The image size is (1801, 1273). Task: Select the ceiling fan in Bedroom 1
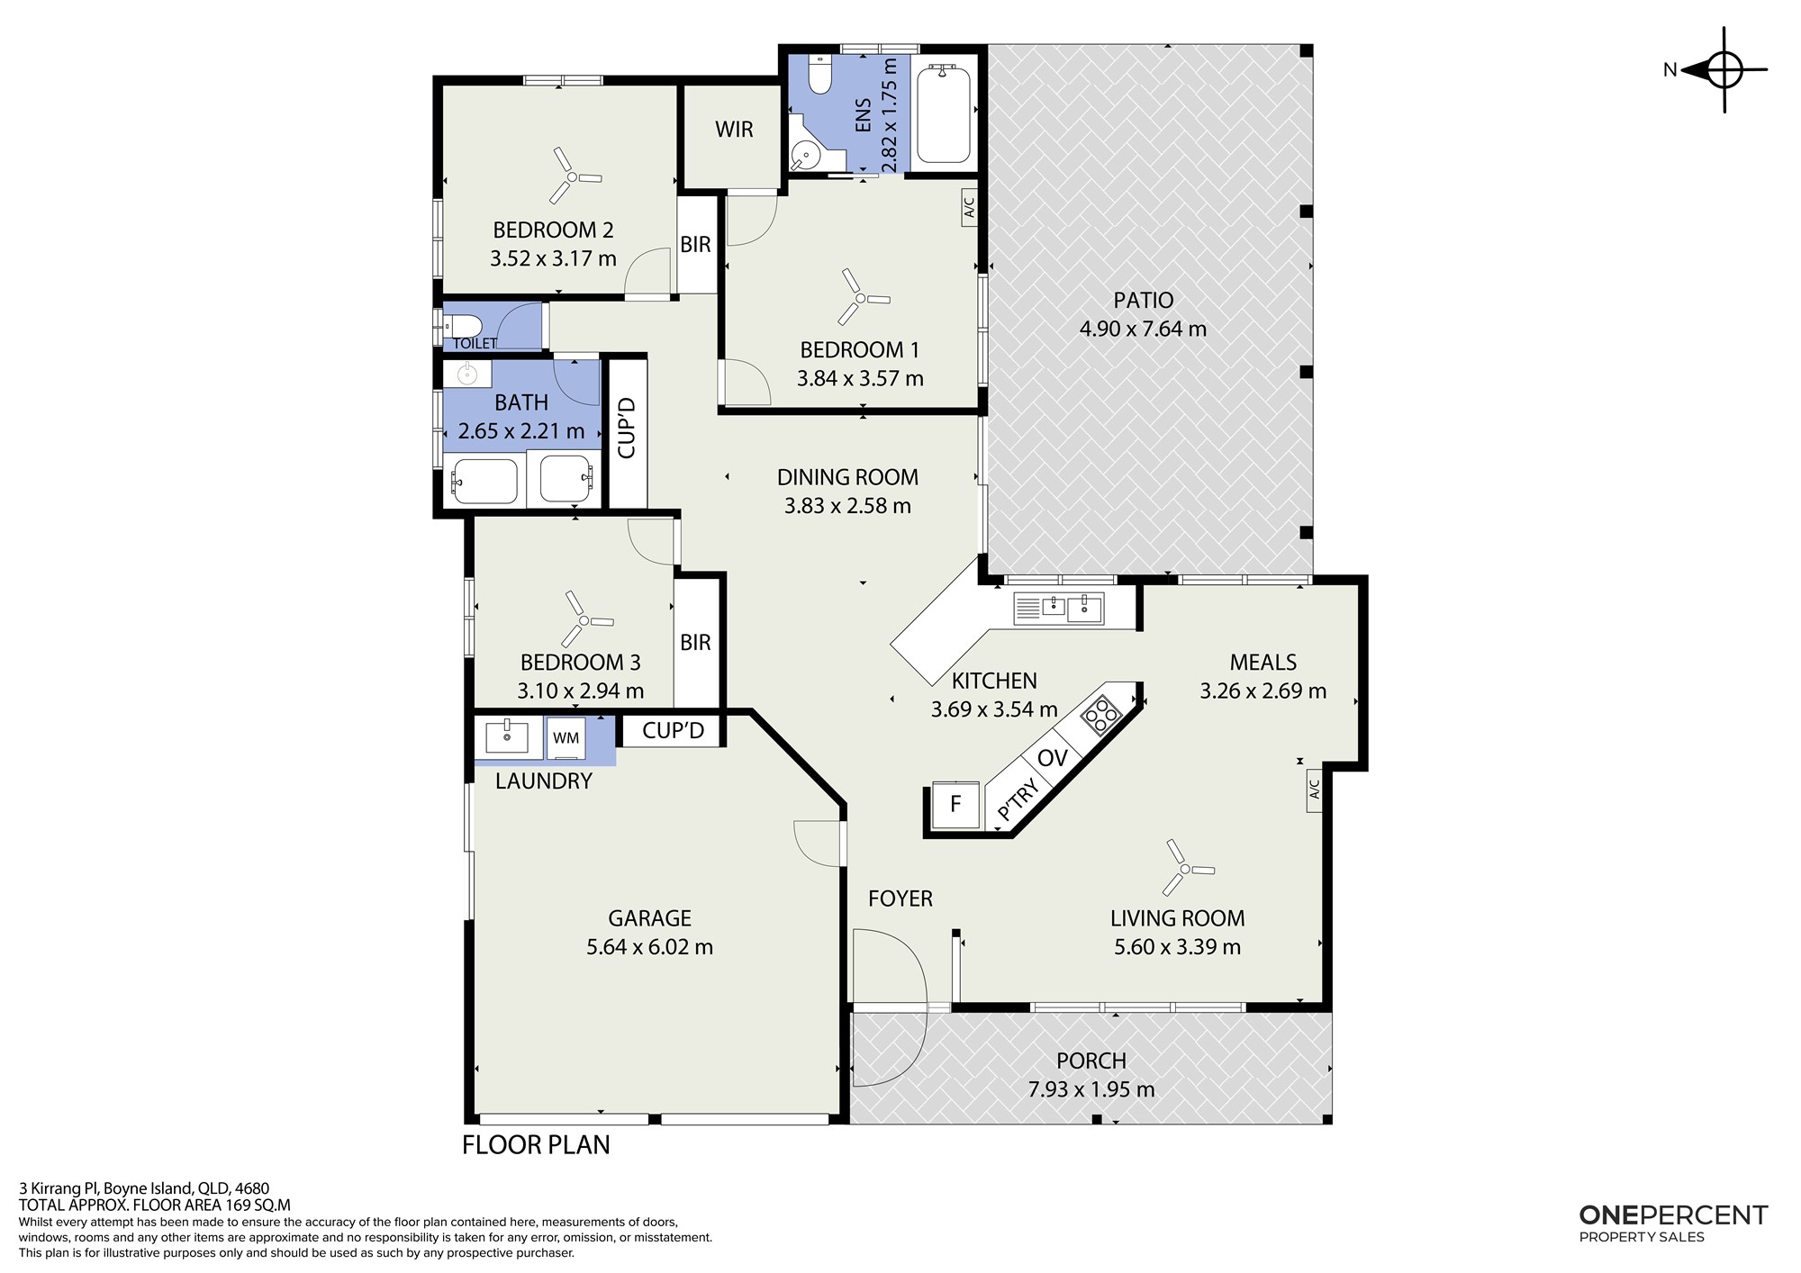[x=860, y=297]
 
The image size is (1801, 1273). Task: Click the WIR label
[x=734, y=129]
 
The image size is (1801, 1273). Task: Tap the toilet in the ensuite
[x=819, y=74]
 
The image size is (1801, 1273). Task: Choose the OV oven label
[x=1052, y=758]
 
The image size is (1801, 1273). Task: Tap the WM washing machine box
[x=566, y=738]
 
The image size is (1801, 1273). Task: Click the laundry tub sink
[x=508, y=736]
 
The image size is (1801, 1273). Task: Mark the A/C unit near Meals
[x=1314, y=790]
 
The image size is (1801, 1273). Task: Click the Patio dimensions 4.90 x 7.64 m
[x=1143, y=329]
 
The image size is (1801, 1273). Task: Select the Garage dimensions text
[x=649, y=946]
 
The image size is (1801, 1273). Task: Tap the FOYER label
[x=900, y=898]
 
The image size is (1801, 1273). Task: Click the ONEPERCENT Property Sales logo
[x=1673, y=1223]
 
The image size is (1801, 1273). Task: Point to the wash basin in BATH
[x=467, y=374]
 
